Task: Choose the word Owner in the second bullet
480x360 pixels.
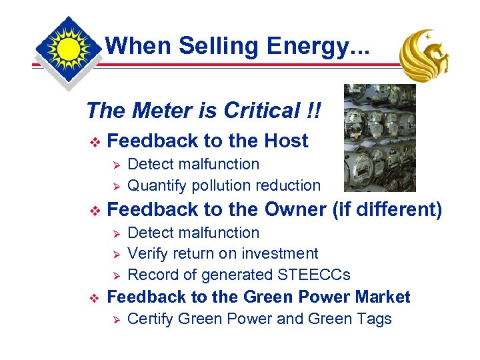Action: [295, 209]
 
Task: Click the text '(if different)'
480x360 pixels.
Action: [387, 209]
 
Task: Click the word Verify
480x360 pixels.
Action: [147, 253]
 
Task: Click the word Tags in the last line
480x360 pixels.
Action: [374, 319]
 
